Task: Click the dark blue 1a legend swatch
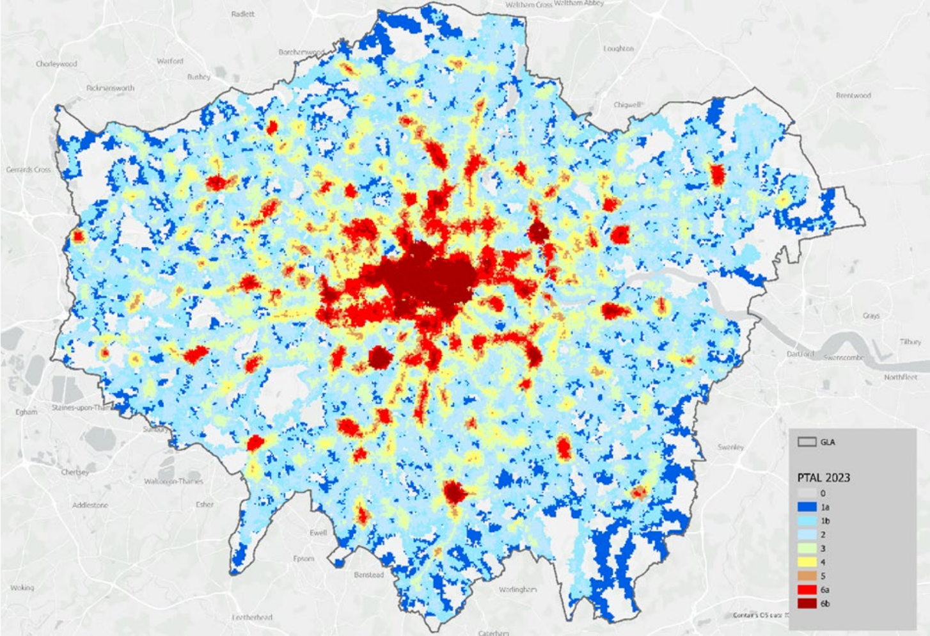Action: tap(807, 507)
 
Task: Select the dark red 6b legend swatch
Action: tap(807, 603)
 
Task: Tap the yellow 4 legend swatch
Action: tap(807, 562)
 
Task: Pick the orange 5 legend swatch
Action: tap(807, 576)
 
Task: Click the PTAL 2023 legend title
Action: tap(823, 477)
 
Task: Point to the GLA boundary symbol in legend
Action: tap(807, 442)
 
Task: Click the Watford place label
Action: tap(169, 61)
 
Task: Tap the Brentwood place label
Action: tap(853, 95)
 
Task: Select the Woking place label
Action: tap(22, 587)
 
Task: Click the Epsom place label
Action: tap(303, 559)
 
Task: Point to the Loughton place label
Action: tap(618, 49)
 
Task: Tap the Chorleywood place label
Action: tap(56, 64)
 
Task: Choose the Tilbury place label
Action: tap(910, 342)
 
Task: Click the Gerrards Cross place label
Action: tap(28, 170)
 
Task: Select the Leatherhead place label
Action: tap(252, 617)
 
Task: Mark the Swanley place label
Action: tap(730, 447)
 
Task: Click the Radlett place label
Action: tap(242, 13)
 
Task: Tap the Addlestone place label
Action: tap(90, 505)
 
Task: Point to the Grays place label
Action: tap(871, 315)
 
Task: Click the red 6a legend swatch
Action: tap(807, 589)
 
